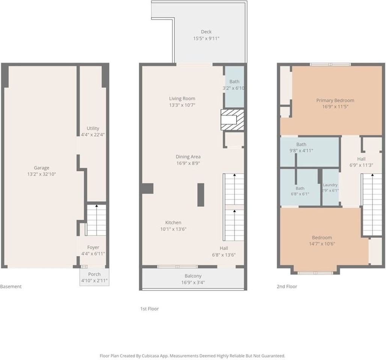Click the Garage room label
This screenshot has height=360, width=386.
[x=42, y=168]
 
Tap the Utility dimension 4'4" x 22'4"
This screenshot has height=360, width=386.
[x=93, y=135]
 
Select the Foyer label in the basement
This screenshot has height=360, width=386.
[x=93, y=247]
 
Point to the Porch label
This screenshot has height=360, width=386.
[x=94, y=274]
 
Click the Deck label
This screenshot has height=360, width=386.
[x=206, y=31]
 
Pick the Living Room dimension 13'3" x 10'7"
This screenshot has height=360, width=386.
[x=182, y=105]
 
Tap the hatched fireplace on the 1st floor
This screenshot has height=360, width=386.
[x=232, y=120]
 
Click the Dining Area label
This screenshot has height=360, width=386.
[x=188, y=156]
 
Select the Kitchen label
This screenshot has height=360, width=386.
[x=173, y=222]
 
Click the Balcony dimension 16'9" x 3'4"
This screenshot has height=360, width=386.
[x=193, y=282]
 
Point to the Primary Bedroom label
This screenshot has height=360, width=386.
[x=335, y=100]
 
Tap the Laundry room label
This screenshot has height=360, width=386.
[x=330, y=184]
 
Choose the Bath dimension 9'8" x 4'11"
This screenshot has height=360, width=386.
[x=301, y=150]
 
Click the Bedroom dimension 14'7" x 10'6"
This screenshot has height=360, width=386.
[x=322, y=244]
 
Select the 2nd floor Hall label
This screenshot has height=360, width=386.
[x=361, y=159]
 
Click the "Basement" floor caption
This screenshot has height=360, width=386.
[x=11, y=286]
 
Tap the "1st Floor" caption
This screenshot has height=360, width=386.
[x=149, y=309]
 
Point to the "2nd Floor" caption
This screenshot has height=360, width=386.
[x=287, y=286]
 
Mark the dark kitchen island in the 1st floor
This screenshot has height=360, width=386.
[x=201, y=195]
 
